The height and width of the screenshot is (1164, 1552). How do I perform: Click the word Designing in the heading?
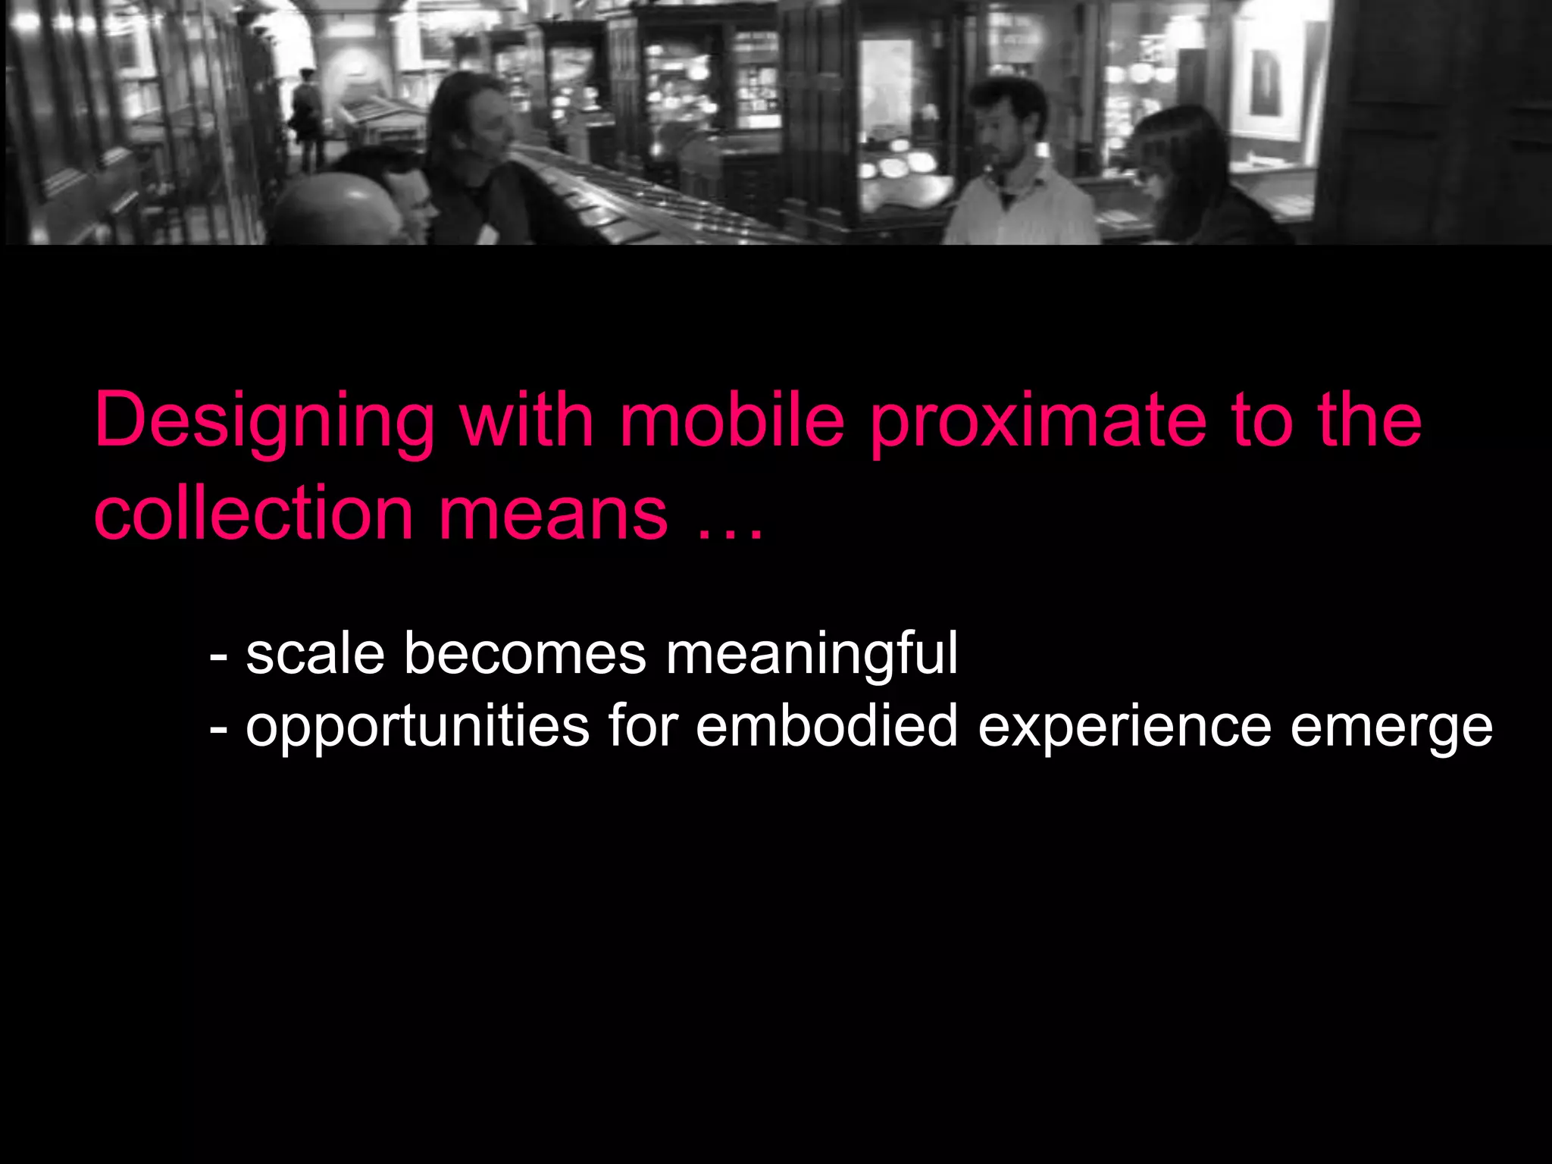(264, 423)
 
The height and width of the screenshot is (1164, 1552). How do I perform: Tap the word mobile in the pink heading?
(732, 421)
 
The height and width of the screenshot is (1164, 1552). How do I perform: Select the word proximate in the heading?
(1037, 423)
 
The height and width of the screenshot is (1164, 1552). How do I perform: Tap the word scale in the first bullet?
(315, 653)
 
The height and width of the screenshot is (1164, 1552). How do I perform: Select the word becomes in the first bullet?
(524, 653)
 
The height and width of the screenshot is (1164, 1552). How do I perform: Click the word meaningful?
(812, 655)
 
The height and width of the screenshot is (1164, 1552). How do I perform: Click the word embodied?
(827, 726)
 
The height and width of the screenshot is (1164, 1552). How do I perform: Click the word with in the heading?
(527, 421)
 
